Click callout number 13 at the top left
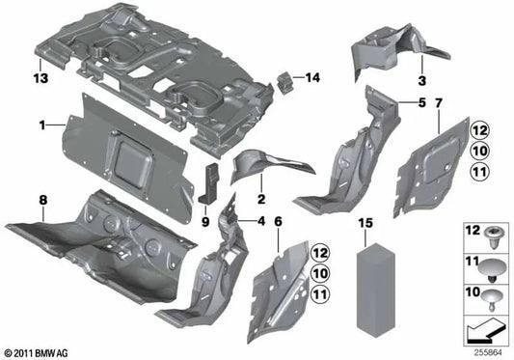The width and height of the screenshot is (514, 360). click(x=40, y=76)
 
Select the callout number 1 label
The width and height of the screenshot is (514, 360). click(x=42, y=125)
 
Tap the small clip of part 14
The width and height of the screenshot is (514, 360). click(x=287, y=81)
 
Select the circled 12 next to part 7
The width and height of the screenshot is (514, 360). click(x=478, y=130)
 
